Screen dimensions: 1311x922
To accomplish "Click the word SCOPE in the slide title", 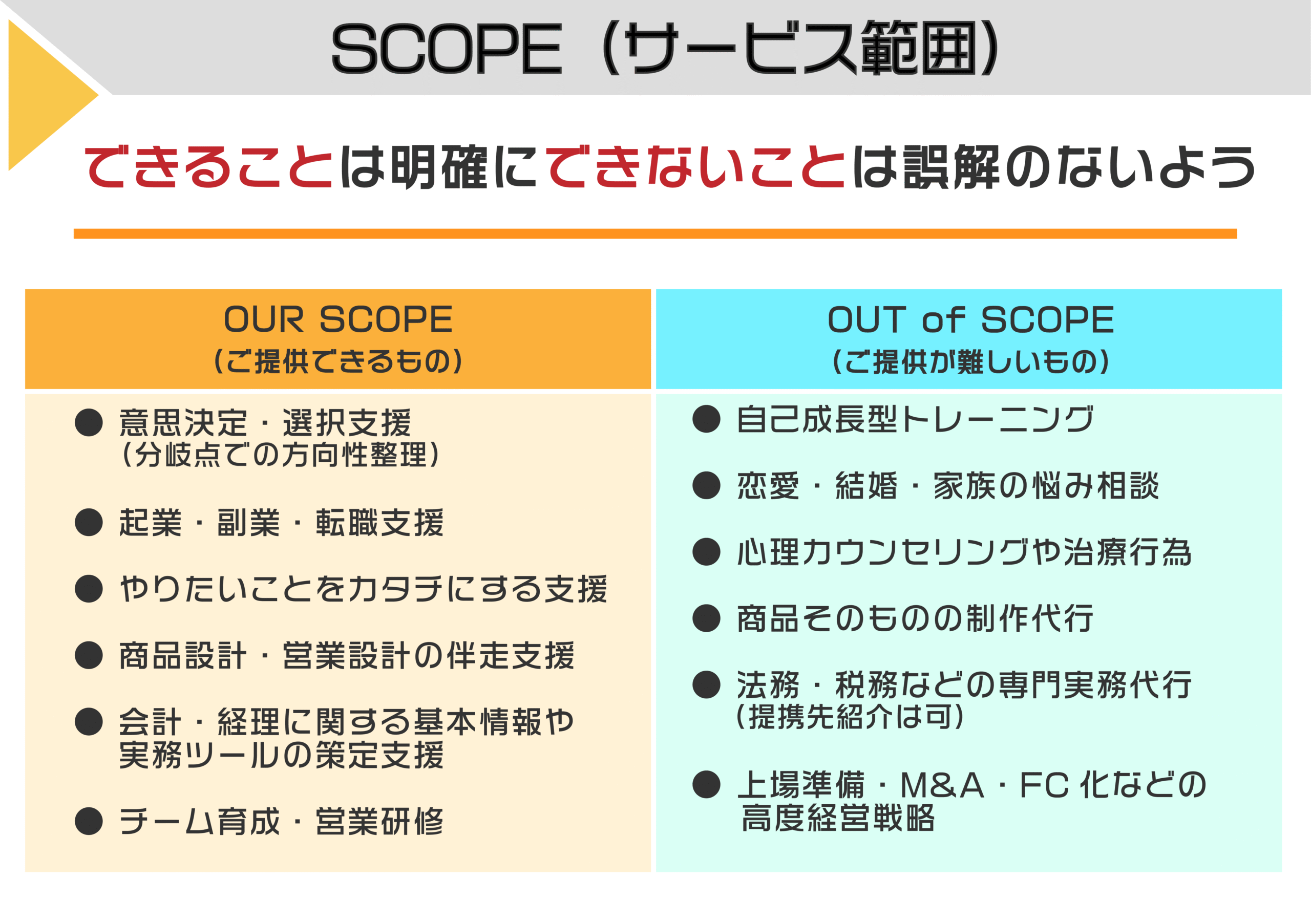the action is [x=447, y=49].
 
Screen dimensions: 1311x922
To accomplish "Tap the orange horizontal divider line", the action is [x=655, y=233].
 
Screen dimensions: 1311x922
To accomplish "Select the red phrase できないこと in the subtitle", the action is [x=695, y=166].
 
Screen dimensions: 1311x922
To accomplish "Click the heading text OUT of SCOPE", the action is [x=970, y=319].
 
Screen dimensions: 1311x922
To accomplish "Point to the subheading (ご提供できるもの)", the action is [x=338, y=361].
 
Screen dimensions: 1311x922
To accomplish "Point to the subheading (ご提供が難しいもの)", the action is [x=970, y=361].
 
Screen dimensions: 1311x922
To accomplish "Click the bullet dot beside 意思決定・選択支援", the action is [x=89, y=422].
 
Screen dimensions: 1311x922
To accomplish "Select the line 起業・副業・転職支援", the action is [x=281, y=522].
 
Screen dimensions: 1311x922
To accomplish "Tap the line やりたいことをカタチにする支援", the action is [x=363, y=589].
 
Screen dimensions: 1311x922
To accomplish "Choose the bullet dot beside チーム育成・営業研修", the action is [x=89, y=821].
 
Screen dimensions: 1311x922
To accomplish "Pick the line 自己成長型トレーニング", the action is [x=915, y=419].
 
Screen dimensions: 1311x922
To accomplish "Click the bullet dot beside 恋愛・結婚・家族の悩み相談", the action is [x=706, y=485].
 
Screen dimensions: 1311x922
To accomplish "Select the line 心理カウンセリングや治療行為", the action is [x=964, y=551].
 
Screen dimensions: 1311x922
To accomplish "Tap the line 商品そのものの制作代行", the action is [x=915, y=618].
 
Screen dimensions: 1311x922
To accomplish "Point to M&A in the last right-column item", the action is [x=942, y=785].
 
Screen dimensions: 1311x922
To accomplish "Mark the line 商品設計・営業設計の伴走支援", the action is [x=347, y=655].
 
